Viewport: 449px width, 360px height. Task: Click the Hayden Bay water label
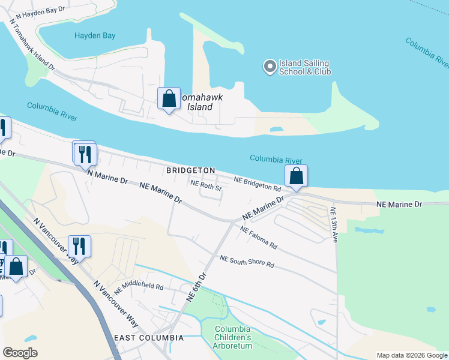click(95, 35)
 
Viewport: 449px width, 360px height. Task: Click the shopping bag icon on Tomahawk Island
click(169, 98)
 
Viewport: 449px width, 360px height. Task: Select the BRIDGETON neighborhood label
click(190, 170)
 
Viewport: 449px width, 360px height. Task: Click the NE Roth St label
click(206, 186)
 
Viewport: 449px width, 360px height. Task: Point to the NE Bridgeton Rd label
click(258, 184)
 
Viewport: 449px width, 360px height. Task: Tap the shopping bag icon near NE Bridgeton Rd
click(296, 176)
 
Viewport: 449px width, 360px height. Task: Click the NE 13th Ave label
click(333, 225)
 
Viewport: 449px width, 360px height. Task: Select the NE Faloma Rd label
click(259, 238)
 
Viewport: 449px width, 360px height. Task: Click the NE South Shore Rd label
click(247, 262)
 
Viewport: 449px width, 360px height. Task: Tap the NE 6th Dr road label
click(196, 287)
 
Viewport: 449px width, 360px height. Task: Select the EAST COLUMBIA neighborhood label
click(148, 338)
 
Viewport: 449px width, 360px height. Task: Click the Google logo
click(20, 353)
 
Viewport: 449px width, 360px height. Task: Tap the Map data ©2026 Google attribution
click(411, 355)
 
